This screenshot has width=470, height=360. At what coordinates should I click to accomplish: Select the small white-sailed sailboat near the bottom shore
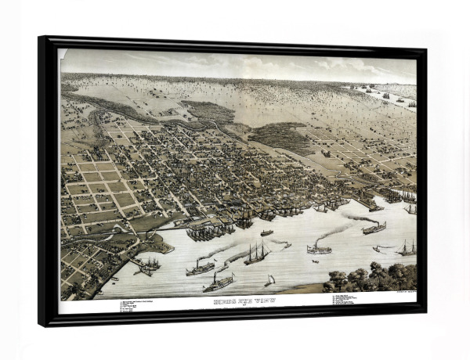[x=269, y=280]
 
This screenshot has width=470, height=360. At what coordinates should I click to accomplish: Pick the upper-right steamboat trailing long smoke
[x=374, y=228]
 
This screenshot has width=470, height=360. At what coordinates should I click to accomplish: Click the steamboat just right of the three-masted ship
[x=318, y=249]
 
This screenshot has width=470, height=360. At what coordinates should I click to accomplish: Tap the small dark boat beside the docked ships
[x=267, y=232]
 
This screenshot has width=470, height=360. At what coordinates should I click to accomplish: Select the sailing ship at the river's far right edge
[x=407, y=249]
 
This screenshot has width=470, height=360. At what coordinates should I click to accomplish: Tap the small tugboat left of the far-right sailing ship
[x=381, y=249]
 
